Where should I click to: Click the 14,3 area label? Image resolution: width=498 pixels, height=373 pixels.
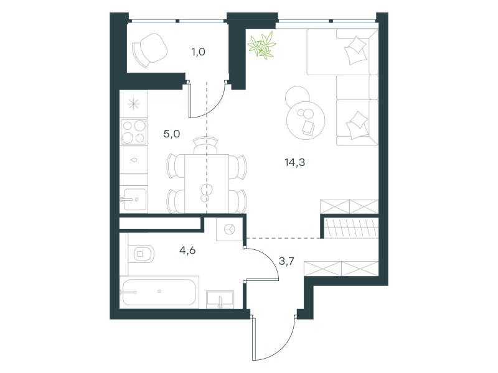pos(294,162)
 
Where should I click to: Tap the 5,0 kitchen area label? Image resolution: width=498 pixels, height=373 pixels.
pos(172,134)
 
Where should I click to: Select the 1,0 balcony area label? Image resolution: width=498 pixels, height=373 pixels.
pos(198,52)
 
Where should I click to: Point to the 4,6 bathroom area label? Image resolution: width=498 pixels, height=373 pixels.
pos(187,251)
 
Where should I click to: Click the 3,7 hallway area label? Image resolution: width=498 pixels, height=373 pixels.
pos(286,261)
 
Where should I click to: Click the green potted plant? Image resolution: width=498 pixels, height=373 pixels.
pos(262,45)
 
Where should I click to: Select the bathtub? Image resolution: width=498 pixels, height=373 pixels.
pos(159,292)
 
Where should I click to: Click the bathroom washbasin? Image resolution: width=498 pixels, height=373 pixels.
pos(220,300)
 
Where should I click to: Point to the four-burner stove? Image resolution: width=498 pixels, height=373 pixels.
pos(134,132)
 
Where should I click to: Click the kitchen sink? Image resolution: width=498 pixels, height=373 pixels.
pos(134,199)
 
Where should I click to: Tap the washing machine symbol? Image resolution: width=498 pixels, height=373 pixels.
pos(229,229)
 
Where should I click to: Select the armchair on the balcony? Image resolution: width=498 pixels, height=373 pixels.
pos(149,50)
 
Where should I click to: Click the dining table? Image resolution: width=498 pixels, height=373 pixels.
pos(207,183)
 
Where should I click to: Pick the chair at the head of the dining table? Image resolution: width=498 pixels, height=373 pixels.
pos(206,145)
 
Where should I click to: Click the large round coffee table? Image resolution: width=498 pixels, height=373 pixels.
pos(306,121)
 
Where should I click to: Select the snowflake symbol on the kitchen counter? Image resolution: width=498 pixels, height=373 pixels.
pos(134,104)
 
